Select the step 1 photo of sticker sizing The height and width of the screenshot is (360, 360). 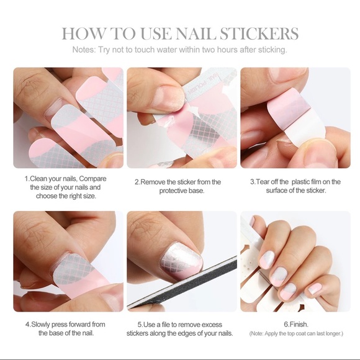click(68, 118)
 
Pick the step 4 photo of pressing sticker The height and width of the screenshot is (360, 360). click(68, 261)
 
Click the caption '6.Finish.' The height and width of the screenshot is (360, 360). click(295, 324)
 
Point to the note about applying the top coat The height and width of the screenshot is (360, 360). click(295, 334)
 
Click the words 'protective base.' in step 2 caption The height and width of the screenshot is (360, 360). click(178, 191)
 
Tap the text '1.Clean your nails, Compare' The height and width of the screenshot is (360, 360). click(65, 178)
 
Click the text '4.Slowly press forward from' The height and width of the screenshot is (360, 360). click(65, 324)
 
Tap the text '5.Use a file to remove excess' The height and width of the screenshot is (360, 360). click(180, 324)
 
